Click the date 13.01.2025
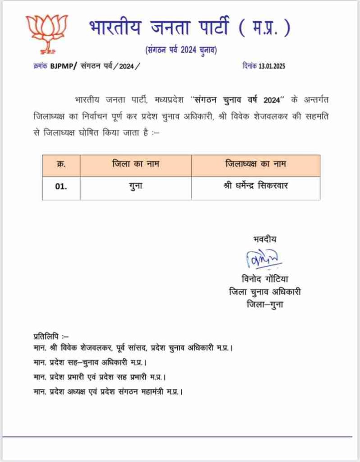point(272,66)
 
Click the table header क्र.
point(61,165)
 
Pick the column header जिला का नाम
point(136,165)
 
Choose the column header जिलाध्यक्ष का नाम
point(255,165)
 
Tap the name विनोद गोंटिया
point(264,279)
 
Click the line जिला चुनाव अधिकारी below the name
point(264,292)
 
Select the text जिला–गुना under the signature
point(264,305)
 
